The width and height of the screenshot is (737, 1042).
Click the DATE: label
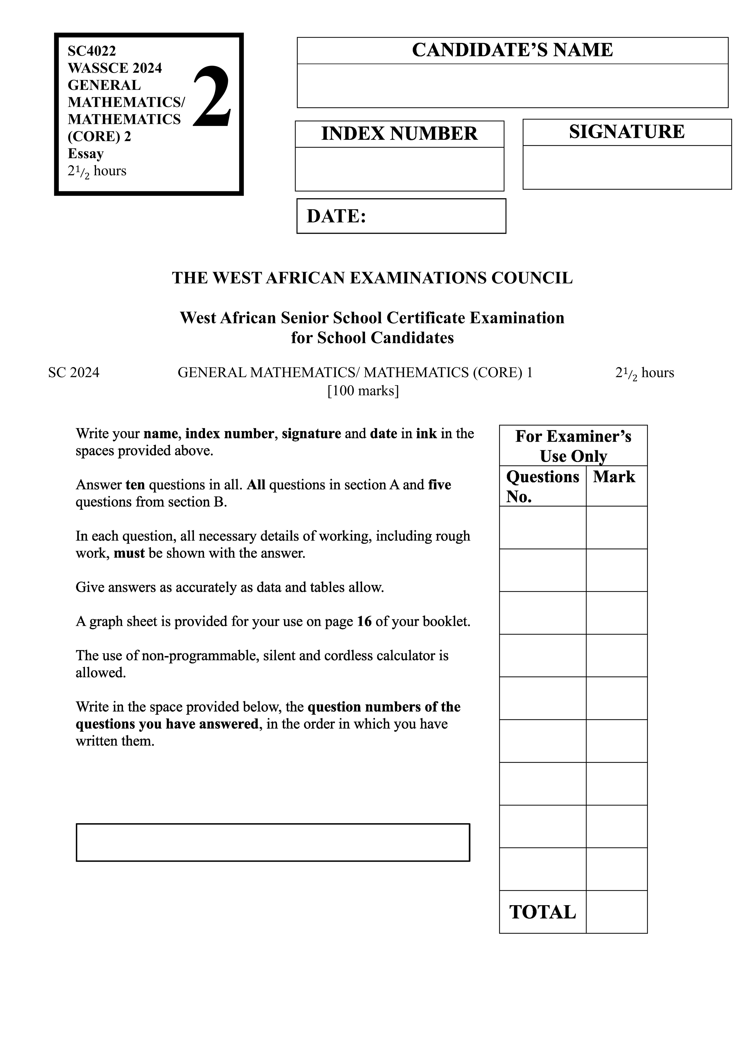click(336, 216)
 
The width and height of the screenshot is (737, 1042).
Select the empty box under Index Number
click(399, 169)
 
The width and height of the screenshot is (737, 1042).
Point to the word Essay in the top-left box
click(86, 154)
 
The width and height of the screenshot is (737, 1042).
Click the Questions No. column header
click(542, 486)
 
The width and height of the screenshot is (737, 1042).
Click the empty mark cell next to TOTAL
click(616, 912)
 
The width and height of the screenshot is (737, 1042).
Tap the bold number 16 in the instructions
click(364, 621)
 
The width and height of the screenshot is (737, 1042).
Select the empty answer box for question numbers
click(273, 842)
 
